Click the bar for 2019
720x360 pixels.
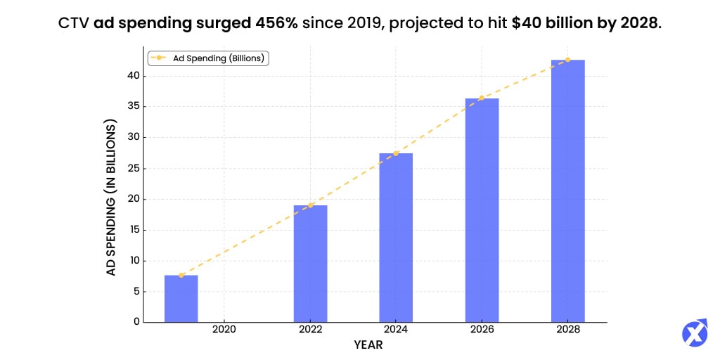point(181,299)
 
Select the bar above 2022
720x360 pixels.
point(310,264)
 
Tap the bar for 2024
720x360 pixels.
point(396,238)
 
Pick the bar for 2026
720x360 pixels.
point(482,210)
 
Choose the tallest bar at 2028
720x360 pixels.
point(567,191)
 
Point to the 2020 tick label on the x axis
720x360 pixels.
point(224,330)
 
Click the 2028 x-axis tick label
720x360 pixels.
point(567,330)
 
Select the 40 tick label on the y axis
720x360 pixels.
point(134,76)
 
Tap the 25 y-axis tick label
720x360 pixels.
point(134,169)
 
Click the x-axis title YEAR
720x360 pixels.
point(368,345)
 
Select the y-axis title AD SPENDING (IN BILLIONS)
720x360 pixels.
point(111,197)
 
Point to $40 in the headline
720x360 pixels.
point(527,22)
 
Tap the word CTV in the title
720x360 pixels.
point(74,22)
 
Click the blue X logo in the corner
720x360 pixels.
point(695,333)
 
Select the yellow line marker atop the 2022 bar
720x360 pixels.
point(310,205)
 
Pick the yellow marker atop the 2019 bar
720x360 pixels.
point(181,275)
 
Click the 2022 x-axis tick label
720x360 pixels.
point(310,330)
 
